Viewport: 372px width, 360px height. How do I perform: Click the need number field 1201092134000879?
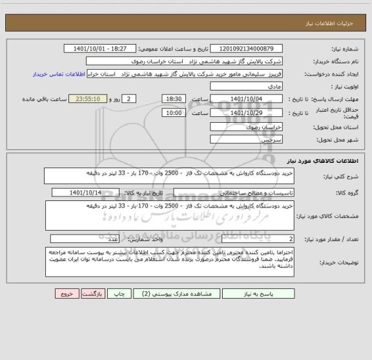pos(252,49)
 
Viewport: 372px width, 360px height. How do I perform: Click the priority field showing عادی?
pos(253,86)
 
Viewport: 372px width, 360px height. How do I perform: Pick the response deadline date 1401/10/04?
pos(247,98)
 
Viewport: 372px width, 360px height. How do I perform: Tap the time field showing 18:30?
pos(174,98)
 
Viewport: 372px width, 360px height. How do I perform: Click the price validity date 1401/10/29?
pos(247,113)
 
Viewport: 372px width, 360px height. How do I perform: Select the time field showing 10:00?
pos(174,113)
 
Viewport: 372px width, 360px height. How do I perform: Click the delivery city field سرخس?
pos(253,139)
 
